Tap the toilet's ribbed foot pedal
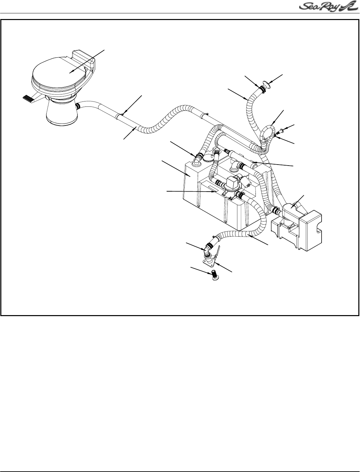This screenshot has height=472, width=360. pos(29,98)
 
